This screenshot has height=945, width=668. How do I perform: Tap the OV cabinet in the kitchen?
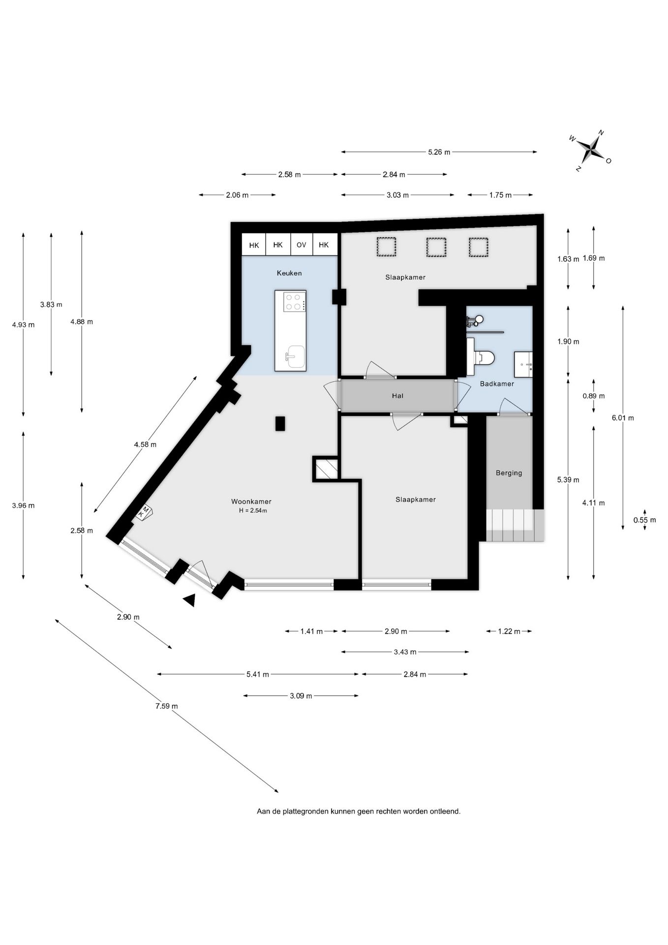click(301, 245)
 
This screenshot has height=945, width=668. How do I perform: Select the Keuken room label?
click(289, 273)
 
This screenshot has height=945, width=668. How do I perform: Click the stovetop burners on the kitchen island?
click(294, 302)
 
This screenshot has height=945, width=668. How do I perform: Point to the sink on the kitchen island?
click(295, 356)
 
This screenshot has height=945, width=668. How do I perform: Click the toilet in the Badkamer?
click(484, 358)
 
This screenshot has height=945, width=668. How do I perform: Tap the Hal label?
click(397, 396)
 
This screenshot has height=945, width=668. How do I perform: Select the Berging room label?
click(509, 473)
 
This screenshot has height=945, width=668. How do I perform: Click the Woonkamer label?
click(251, 502)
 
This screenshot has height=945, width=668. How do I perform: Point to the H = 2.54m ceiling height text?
click(253, 511)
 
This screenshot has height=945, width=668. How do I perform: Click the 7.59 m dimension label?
click(167, 706)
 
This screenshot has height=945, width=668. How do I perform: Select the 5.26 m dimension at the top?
click(439, 152)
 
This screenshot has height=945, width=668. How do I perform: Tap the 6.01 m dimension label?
click(623, 418)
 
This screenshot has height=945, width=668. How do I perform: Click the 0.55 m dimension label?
click(645, 520)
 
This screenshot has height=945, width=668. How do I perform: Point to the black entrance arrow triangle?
click(190, 600)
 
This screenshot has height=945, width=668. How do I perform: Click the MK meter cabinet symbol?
click(145, 512)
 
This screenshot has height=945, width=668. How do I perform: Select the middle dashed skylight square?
click(436, 248)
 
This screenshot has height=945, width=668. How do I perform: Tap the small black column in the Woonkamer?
click(280, 424)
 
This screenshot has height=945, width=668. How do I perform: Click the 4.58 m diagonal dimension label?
click(145, 444)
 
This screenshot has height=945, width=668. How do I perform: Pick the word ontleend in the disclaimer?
click(445, 811)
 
